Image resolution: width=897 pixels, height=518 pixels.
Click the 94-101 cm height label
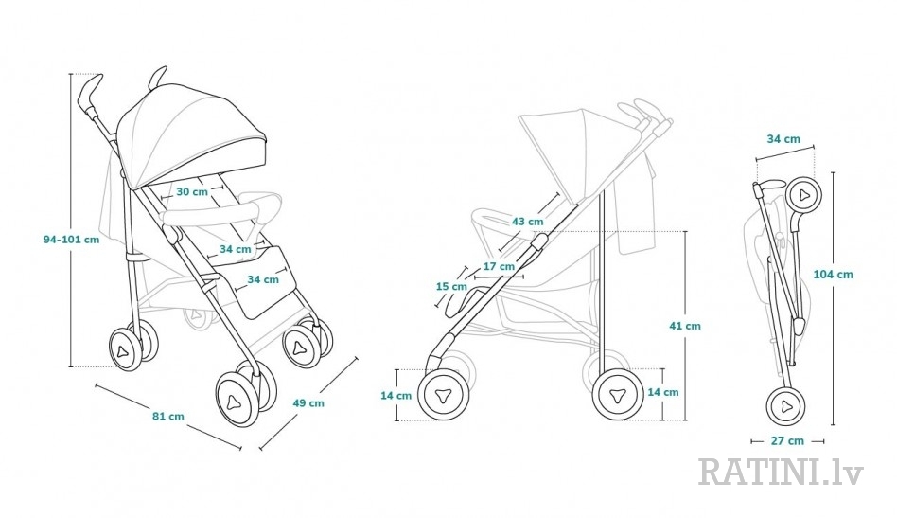click(x=72, y=240)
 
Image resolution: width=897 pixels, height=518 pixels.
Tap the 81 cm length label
click(x=168, y=416)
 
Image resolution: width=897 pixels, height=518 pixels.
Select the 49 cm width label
click(x=308, y=403)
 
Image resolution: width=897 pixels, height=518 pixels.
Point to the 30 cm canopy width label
click(x=192, y=191)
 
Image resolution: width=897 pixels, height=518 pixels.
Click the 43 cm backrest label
click(x=527, y=222)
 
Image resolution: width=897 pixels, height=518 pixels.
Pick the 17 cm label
click(x=499, y=266)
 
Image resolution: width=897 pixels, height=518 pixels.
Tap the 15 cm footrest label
click(x=451, y=286)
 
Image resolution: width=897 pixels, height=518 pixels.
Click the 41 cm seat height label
click(x=685, y=326)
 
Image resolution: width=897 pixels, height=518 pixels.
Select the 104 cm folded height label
click(x=833, y=275)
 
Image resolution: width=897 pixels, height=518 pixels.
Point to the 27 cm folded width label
click(x=788, y=440)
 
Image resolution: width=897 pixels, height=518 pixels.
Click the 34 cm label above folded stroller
click(x=783, y=139)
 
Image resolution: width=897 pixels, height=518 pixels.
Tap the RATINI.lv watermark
click(x=781, y=471)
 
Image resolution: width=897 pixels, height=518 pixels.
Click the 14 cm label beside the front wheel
click(x=396, y=396)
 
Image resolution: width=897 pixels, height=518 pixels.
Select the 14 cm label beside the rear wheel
click(x=663, y=392)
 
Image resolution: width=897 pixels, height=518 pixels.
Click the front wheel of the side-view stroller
click(x=444, y=394)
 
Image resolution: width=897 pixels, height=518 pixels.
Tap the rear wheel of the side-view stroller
click(x=619, y=395)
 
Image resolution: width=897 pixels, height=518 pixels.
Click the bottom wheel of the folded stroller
click(x=785, y=406)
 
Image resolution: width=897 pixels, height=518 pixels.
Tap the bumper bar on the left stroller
click(x=220, y=209)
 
